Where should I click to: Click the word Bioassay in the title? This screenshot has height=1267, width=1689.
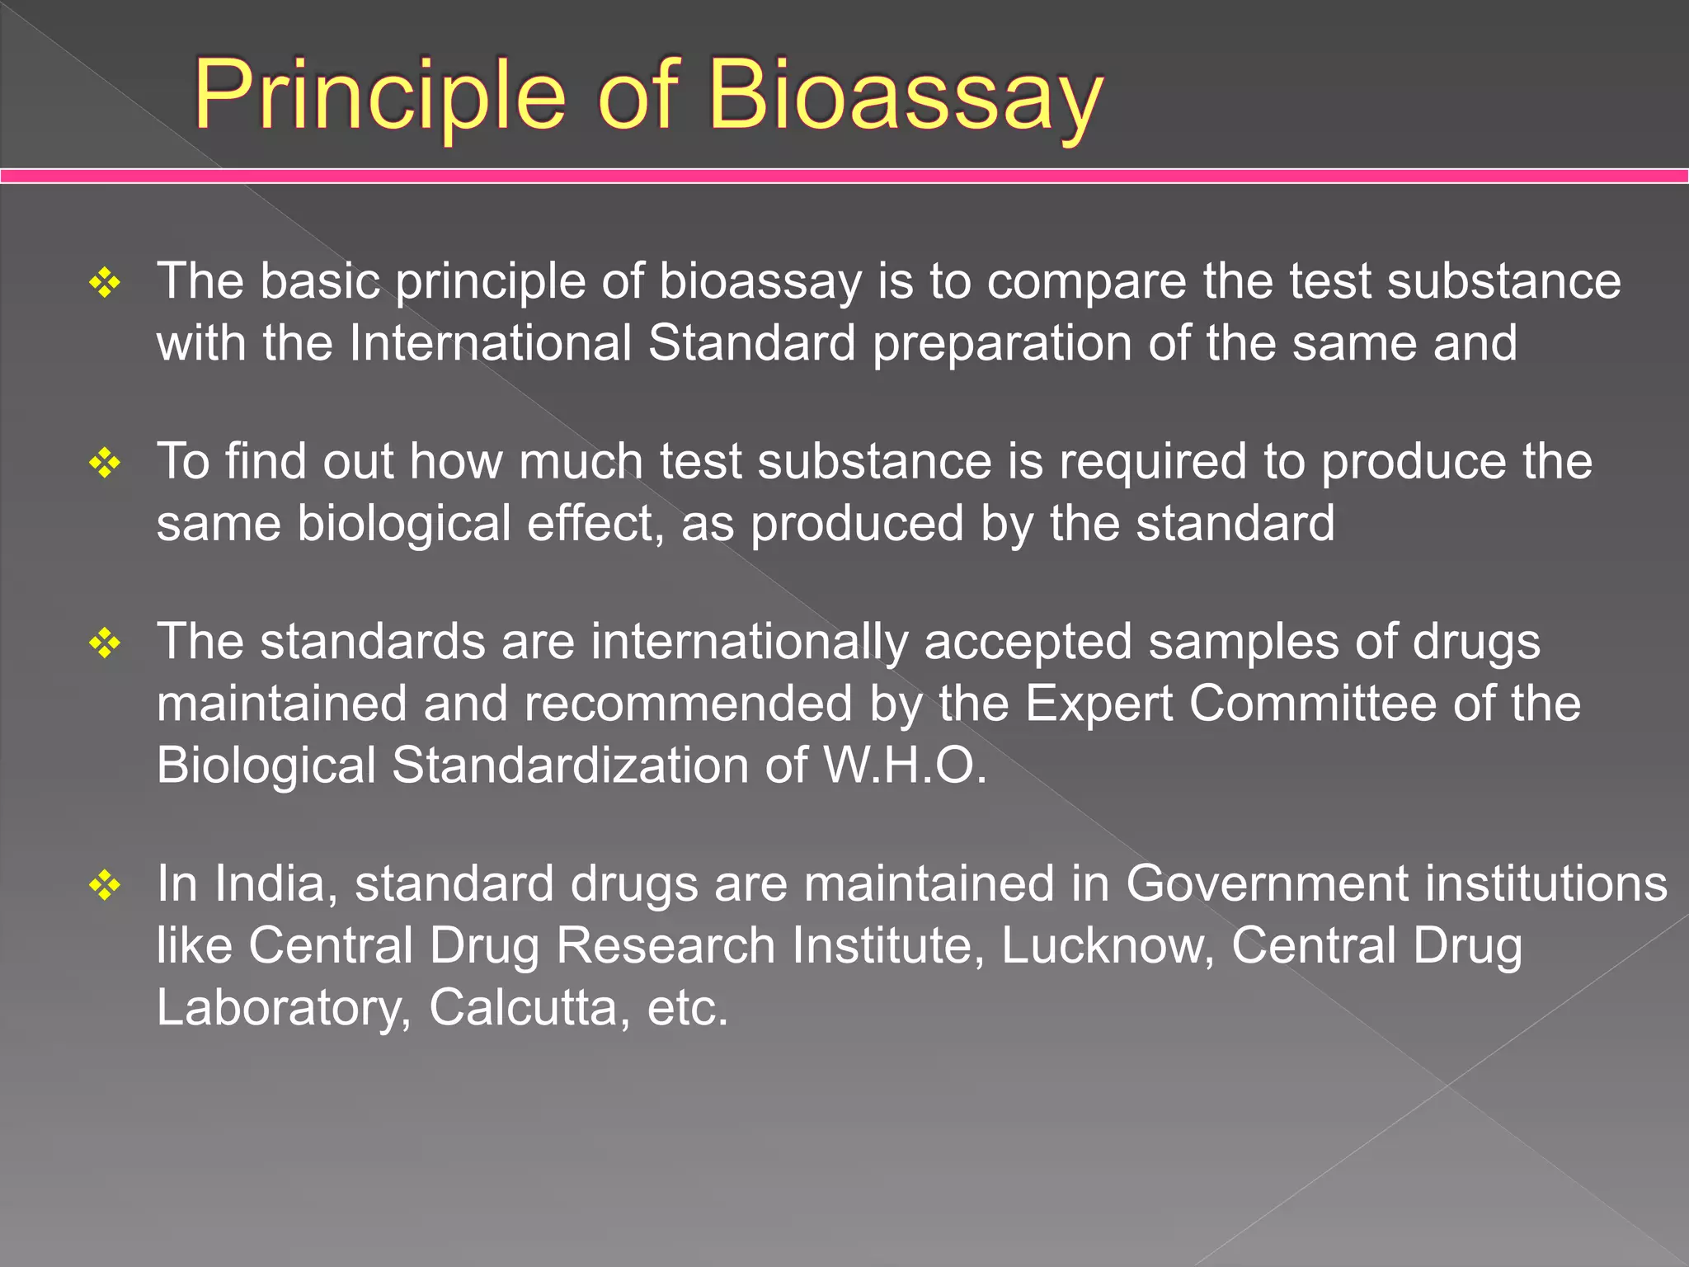point(905,95)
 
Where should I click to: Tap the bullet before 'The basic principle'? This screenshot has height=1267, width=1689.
point(105,283)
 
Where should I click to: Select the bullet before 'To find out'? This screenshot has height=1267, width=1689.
point(105,463)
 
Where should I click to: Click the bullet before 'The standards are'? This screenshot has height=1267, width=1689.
point(105,643)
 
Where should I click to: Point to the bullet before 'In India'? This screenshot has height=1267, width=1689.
point(105,885)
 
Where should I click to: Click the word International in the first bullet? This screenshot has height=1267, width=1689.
point(490,342)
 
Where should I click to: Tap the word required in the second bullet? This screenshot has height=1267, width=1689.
point(1152,461)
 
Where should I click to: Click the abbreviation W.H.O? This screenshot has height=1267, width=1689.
point(905,765)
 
